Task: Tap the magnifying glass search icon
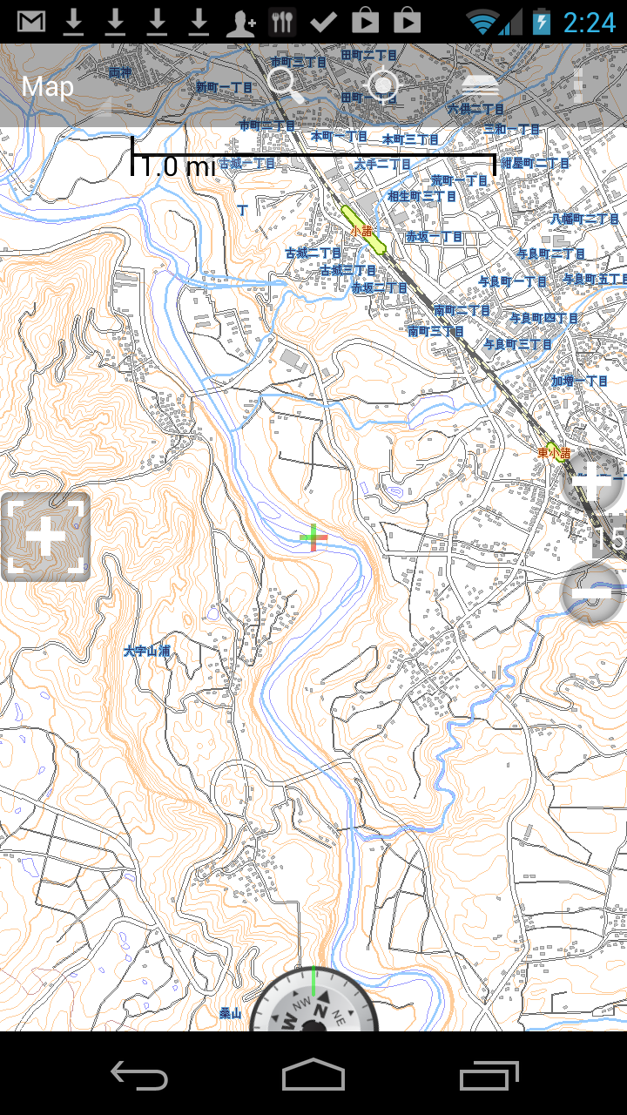click(286, 85)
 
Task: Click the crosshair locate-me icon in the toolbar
click(383, 85)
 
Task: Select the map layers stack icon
click(480, 85)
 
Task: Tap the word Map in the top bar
click(48, 86)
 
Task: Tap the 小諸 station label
click(361, 231)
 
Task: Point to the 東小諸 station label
click(554, 453)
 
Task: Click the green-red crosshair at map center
click(313, 538)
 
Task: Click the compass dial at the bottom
click(313, 1010)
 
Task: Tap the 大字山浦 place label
click(146, 651)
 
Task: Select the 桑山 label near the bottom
click(230, 1013)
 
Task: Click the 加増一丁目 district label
click(580, 381)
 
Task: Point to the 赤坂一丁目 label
click(434, 237)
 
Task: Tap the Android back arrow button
click(139, 1076)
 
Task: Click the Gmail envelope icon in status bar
click(31, 22)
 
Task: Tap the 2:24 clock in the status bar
click(590, 22)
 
